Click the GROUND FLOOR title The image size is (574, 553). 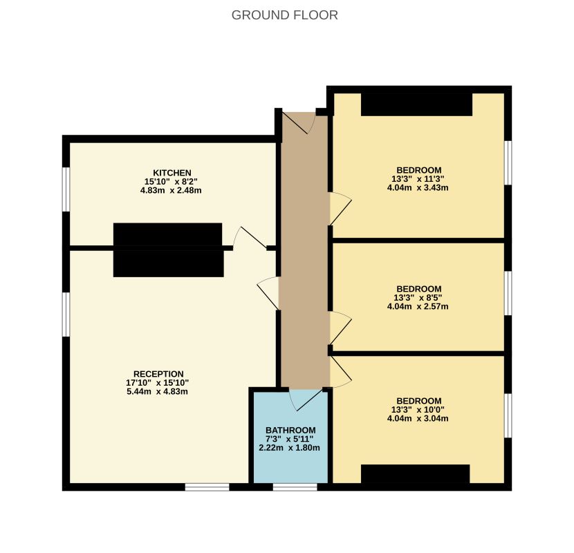284,15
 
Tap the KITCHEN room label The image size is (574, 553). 172,173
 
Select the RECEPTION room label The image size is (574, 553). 158,374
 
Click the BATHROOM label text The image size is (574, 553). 290,431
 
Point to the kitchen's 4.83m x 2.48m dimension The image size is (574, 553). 171,190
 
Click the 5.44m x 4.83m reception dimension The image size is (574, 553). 157,392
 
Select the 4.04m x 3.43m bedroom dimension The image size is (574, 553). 418,188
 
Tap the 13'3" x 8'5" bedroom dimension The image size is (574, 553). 418,297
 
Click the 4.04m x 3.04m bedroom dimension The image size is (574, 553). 418,418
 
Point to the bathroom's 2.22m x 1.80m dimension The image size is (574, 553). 289,448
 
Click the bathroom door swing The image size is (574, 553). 308,400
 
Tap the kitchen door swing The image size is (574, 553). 250,237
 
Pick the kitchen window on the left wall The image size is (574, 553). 66,189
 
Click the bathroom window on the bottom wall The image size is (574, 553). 295,487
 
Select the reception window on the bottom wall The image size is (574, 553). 207,487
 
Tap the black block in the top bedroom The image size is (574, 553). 416,104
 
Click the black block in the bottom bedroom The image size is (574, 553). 416,474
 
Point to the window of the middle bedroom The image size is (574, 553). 508,293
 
